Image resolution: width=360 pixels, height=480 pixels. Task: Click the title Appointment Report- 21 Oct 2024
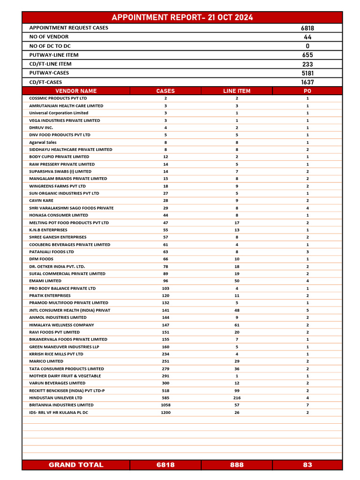pos(182,17)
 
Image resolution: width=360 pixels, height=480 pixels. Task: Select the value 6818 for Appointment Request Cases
pos(307,28)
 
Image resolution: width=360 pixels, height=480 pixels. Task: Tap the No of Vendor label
pos(49,37)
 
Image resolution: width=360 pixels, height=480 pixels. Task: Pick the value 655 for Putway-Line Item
pos(307,55)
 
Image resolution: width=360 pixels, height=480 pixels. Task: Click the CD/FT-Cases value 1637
pos(307,82)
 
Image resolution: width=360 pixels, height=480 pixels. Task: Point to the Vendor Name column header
pos(76,91)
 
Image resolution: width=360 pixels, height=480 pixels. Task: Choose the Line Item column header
pos(237,91)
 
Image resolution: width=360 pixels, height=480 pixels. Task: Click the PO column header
pos(307,91)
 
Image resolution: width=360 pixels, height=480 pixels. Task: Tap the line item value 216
pos(237,397)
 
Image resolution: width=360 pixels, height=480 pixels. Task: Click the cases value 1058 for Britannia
pos(165,405)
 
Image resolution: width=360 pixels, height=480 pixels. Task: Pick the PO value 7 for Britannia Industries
pos(307,405)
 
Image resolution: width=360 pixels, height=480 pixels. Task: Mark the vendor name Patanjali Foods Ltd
pos(52,252)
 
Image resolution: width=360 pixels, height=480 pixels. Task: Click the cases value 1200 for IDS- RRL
pos(165,412)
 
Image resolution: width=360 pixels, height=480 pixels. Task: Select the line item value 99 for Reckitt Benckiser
pos(237,390)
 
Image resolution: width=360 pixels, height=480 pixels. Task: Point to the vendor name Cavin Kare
pos(41,201)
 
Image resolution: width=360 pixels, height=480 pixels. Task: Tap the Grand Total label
pos(76,465)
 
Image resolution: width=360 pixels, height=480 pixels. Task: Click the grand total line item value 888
pos(237,465)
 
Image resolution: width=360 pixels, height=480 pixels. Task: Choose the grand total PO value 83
pos(307,465)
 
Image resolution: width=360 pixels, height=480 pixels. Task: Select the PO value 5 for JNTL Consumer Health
pos(307,310)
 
